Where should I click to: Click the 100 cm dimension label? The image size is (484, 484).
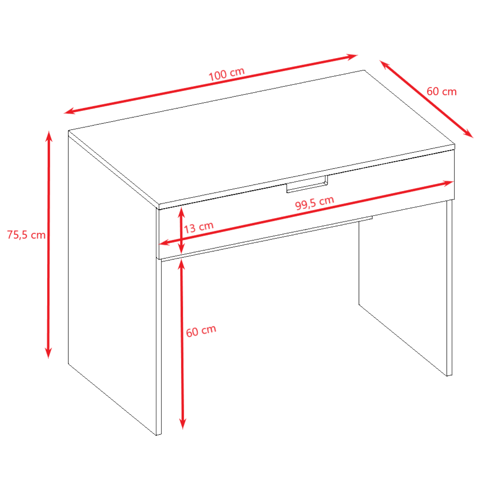tap(227, 74)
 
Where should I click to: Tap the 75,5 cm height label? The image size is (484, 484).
tap(26, 235)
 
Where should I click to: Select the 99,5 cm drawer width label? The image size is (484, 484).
tap(314, 203)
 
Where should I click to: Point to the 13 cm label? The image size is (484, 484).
tap(199, 227)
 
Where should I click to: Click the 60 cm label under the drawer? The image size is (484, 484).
tap(201, 331)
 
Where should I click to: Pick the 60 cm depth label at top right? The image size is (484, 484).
tap(441, 92)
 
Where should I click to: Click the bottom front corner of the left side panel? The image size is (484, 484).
tap(158, 435)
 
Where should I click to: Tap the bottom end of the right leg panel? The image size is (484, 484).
tap(449, 375)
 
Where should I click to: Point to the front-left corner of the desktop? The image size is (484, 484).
tap(159, 206)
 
